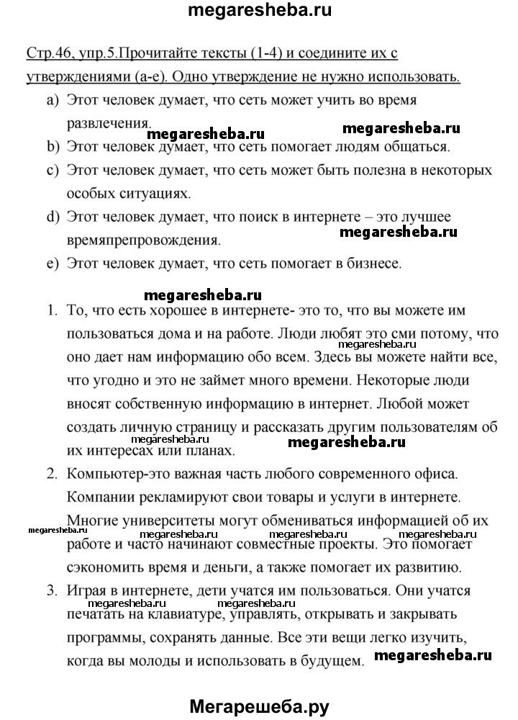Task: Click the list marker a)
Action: pyautogui.click(x=52, y=102)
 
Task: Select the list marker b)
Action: pyautogui.click(x=52, y=148)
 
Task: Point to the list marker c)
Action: pyautogui.click(x=52, y=171)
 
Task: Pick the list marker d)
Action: pyautogui.click(x=52, y=217)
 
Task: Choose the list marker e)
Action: pyautogui.click(x=52, y=264)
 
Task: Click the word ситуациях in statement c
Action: pyautogui.click(x=156, y=194)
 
